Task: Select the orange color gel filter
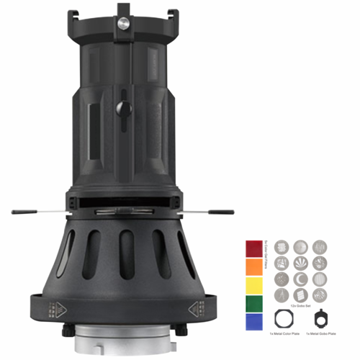click(253, 267)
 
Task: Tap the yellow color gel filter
click(253, 285)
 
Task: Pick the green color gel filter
click(253, 303)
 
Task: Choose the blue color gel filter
click(253, 321)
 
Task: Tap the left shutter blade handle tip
click(16, 212)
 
